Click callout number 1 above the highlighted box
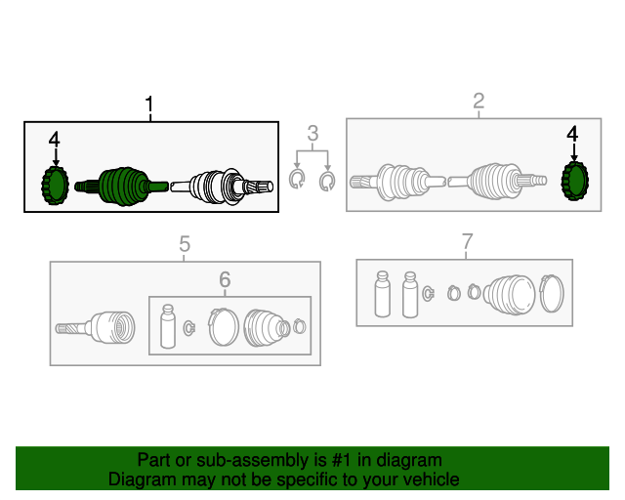coord(149,104)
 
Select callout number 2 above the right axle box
coord(479,101)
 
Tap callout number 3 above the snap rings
coord(312,133)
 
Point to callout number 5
coord(185,243)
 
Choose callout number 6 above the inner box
coord(225,279)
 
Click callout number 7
coord(467,241)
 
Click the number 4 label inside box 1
coord(55,140)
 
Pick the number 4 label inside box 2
coord(572,134)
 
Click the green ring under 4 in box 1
coord(55,186)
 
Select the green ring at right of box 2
coord(575,181)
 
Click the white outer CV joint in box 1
coord(217,187)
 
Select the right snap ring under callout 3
coord(327,182)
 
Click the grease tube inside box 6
coord(168,326)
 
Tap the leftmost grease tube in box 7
coord(383,294)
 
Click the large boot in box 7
coord(510,295)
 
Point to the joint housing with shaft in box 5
coord(96,328)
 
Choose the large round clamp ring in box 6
coord(224,327)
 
